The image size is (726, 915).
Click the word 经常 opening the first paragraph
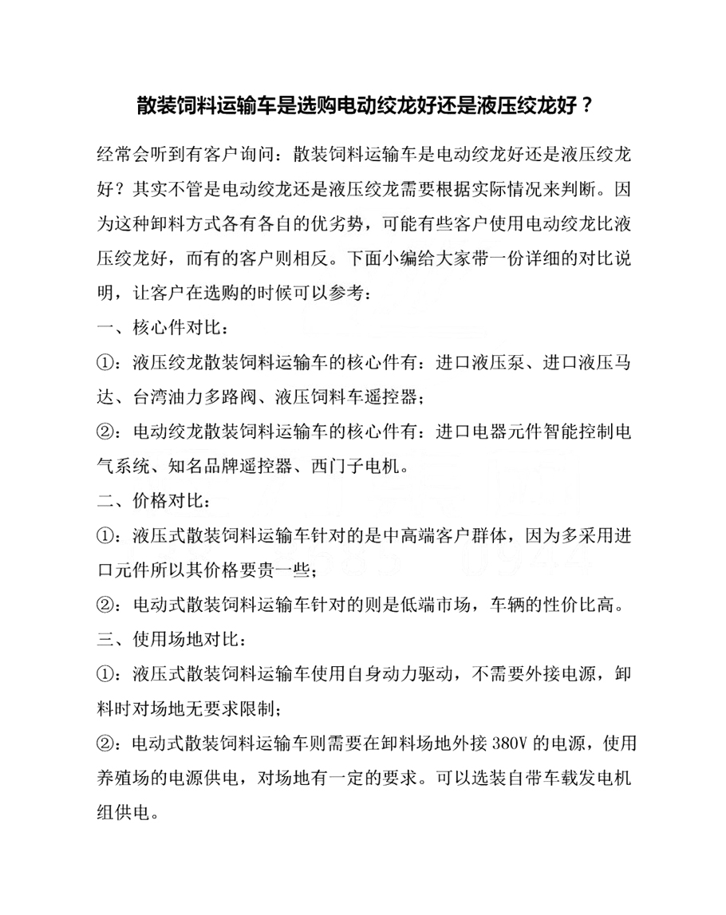[112, 152]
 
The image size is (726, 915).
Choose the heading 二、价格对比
[155, 503]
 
